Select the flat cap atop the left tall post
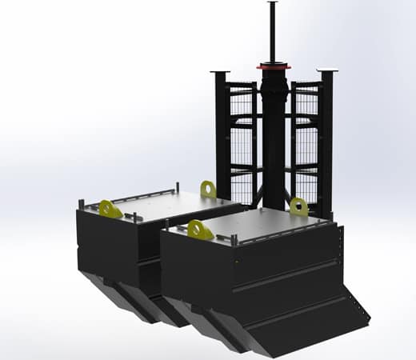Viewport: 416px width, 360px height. pos(219,73)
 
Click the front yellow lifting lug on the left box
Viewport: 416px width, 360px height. pos(110,209)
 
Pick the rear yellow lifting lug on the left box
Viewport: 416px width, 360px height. pos(209,189)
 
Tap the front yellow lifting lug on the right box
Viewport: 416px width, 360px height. pos(200,230)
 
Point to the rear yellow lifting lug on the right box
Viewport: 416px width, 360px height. pos(299,206)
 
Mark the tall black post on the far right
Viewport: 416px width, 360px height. pos(326,136)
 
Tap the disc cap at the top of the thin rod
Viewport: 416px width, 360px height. pos(273,3)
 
